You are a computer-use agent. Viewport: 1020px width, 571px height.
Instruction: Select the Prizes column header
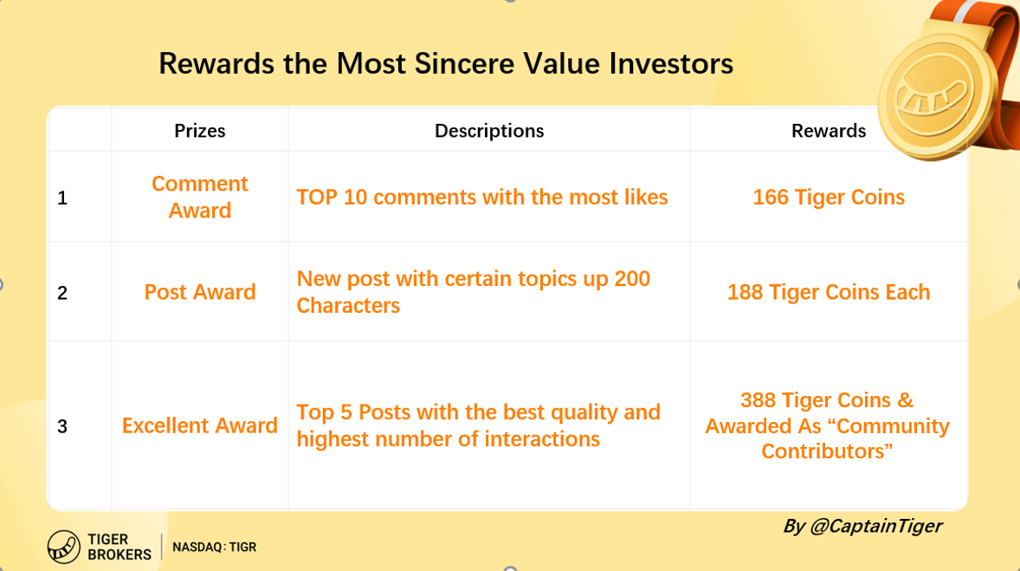(200, 131)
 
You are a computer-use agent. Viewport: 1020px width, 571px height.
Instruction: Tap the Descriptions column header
(489, 131)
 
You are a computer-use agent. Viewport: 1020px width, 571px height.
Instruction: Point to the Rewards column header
(828, 131)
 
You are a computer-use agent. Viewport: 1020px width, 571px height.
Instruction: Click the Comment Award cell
(200, 198)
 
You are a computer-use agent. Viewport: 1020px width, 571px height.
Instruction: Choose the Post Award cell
(200, 292)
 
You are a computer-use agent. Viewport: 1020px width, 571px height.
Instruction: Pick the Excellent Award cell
(200, 425)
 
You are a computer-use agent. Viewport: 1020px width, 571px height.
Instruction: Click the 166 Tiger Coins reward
(828, 198)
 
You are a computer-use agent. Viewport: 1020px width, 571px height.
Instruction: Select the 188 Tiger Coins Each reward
(828, 292)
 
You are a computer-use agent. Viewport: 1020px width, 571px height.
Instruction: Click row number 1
(61, 198)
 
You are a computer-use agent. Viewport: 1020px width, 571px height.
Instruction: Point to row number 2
(61, 293)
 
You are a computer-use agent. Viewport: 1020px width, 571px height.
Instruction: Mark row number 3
(61, 426)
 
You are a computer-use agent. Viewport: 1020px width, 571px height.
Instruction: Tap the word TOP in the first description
(316, 198)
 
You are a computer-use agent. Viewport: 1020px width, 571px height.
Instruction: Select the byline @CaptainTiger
(875, 526)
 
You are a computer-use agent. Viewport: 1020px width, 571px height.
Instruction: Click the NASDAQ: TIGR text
(214, 547)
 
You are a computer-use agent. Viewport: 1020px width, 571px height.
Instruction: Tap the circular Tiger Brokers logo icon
(64, 547)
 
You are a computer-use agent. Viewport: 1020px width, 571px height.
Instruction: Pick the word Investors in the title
(671, 64)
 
